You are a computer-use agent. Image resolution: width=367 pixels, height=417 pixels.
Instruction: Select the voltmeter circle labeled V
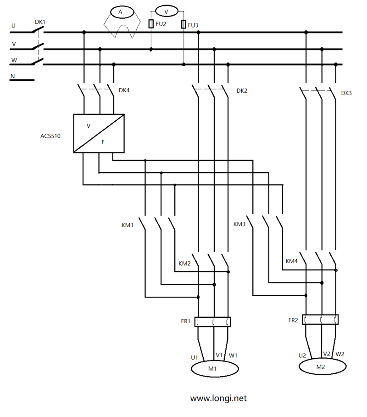pyautogui.click(x=166, y=10)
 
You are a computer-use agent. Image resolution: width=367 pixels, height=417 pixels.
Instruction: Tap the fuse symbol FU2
pyautogui.click(x=151, y=24)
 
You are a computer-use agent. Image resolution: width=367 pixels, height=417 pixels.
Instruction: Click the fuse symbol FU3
pyautogui.click(x=184, y=24)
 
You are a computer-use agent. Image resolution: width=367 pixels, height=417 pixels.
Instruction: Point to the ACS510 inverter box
pyautogui.click(x=99, y=133)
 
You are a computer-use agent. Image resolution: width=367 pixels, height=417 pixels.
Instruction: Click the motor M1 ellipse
pyautogui.click(x=214, y=368)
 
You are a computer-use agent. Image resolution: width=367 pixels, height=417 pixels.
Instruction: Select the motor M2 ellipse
pyautogui.click(x=323, y=366)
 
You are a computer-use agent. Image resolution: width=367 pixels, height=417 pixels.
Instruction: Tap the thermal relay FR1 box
pyautogui.click(x=213, y=321)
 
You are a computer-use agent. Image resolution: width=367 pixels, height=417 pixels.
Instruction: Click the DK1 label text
pyautogui.click(x=40, y=22)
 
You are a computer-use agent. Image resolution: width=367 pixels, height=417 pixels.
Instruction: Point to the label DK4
pyautogui.click(x=124, y=90)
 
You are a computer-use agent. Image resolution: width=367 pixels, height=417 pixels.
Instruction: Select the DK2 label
pyautogui.click(x=242, y=90)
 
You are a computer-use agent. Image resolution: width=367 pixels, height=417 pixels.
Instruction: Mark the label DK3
pyautogui.click(x=346, y=93)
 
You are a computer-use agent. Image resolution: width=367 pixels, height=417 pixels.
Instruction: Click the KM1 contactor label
pyautogui.click(x=127, y=225)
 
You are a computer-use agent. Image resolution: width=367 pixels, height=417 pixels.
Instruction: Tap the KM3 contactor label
pyautogui.click(x=239, y=224)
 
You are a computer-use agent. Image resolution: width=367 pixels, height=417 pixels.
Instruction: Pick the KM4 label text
pyautogui.click(x=292, y=261)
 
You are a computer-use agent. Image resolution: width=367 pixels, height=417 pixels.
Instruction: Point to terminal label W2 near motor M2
pyautogui.click(x=340, y=354)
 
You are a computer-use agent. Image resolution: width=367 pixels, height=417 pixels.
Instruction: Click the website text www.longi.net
pyautogui.click(x=218, y=398)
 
